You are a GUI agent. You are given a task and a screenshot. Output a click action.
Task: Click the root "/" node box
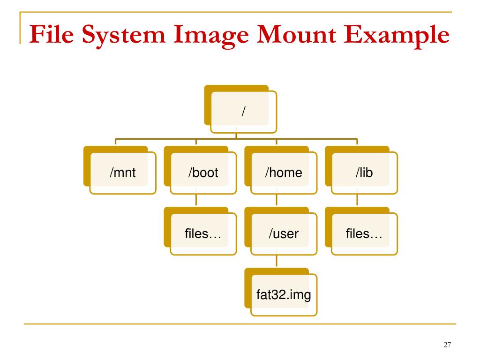243,112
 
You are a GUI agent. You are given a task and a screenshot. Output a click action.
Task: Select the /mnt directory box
123,172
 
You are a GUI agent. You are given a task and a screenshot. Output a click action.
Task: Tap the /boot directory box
203,172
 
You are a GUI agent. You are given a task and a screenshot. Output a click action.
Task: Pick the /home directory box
284,172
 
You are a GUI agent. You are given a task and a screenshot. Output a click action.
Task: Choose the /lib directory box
364,172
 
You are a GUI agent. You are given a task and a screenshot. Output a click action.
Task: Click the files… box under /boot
203,233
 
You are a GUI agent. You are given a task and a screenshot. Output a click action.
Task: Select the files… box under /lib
364,233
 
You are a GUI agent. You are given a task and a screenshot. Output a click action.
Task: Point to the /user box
284,233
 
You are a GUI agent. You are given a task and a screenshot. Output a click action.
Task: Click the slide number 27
447,345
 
